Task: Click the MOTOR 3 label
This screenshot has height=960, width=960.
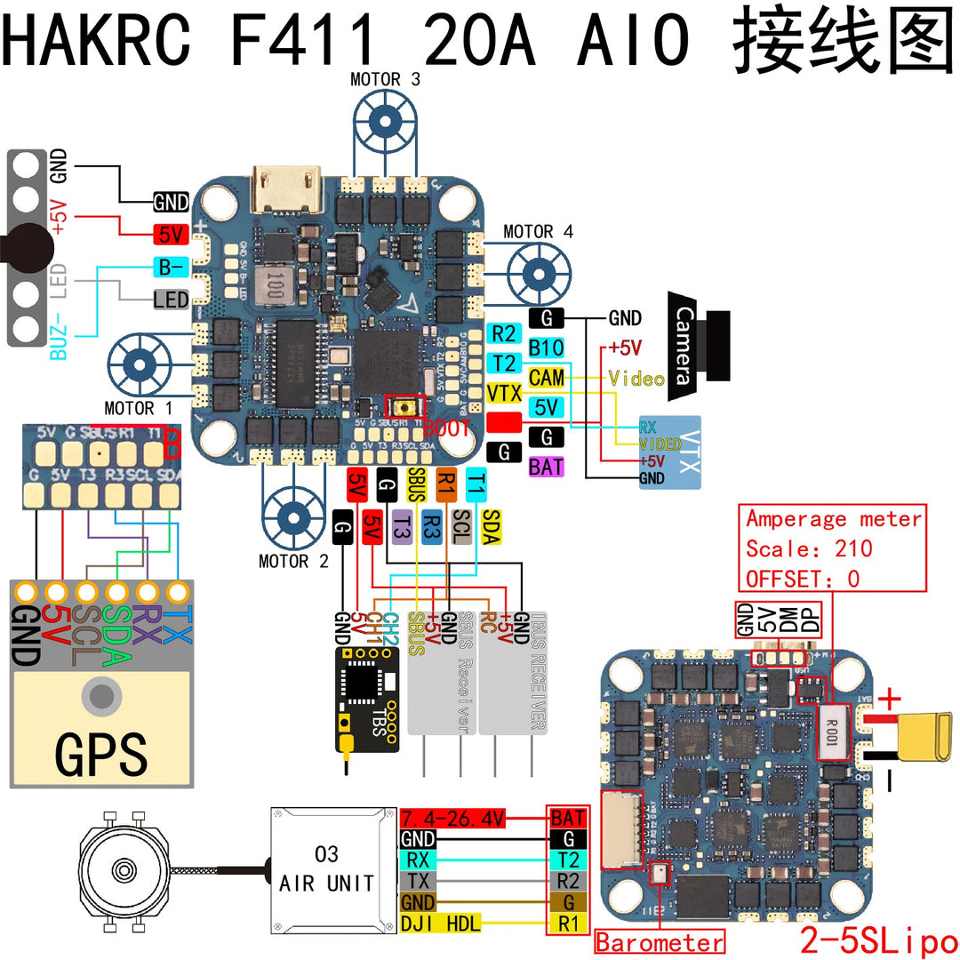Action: (386, 79)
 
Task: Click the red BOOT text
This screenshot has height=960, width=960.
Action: (447, 428)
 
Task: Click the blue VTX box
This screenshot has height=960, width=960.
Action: (670, 451)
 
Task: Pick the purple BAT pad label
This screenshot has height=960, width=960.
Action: (546, 466)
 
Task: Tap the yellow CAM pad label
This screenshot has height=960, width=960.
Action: (546, 378)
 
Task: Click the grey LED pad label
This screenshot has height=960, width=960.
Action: (171, 300)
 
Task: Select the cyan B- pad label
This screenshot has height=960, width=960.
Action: (171, 266)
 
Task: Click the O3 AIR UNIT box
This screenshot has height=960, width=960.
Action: (327, 868)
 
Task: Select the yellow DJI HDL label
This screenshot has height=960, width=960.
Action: (441, 924)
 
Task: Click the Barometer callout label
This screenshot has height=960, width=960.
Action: (660, 942)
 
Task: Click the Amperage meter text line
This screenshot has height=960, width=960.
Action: (834, 519)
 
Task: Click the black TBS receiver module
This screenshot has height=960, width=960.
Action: (363, 701)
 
